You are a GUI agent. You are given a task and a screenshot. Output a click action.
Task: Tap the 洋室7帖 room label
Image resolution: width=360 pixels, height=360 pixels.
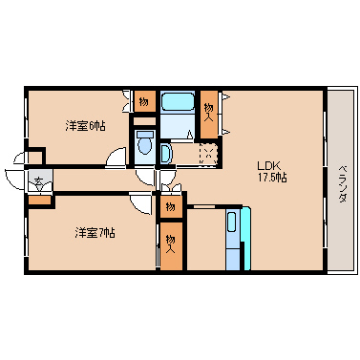[95, 232]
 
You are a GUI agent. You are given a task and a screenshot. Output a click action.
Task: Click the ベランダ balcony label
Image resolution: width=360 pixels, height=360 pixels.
[341, 184]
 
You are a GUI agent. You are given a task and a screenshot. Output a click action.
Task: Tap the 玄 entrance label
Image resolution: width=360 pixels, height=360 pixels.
[38, 180]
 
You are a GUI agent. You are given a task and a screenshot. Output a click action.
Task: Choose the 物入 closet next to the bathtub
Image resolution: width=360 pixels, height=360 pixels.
[209, 112]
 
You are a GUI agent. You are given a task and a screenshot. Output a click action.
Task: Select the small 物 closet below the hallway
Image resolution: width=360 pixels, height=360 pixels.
[169, 206]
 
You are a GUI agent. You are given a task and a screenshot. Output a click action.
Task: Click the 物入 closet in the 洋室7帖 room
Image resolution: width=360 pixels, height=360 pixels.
[169, 244]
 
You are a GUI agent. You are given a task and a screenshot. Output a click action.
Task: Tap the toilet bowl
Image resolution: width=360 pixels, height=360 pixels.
[143, 144]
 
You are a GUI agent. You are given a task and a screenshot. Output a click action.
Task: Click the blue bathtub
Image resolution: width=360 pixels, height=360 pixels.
[176, 103]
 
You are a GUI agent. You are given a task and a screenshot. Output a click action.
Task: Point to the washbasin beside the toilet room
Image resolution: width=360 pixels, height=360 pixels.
[167, 153]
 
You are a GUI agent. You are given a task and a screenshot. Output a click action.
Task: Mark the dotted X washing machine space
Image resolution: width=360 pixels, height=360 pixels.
[208, 153]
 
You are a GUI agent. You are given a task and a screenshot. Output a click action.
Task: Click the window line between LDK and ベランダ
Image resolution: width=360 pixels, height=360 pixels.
[326, 181]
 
